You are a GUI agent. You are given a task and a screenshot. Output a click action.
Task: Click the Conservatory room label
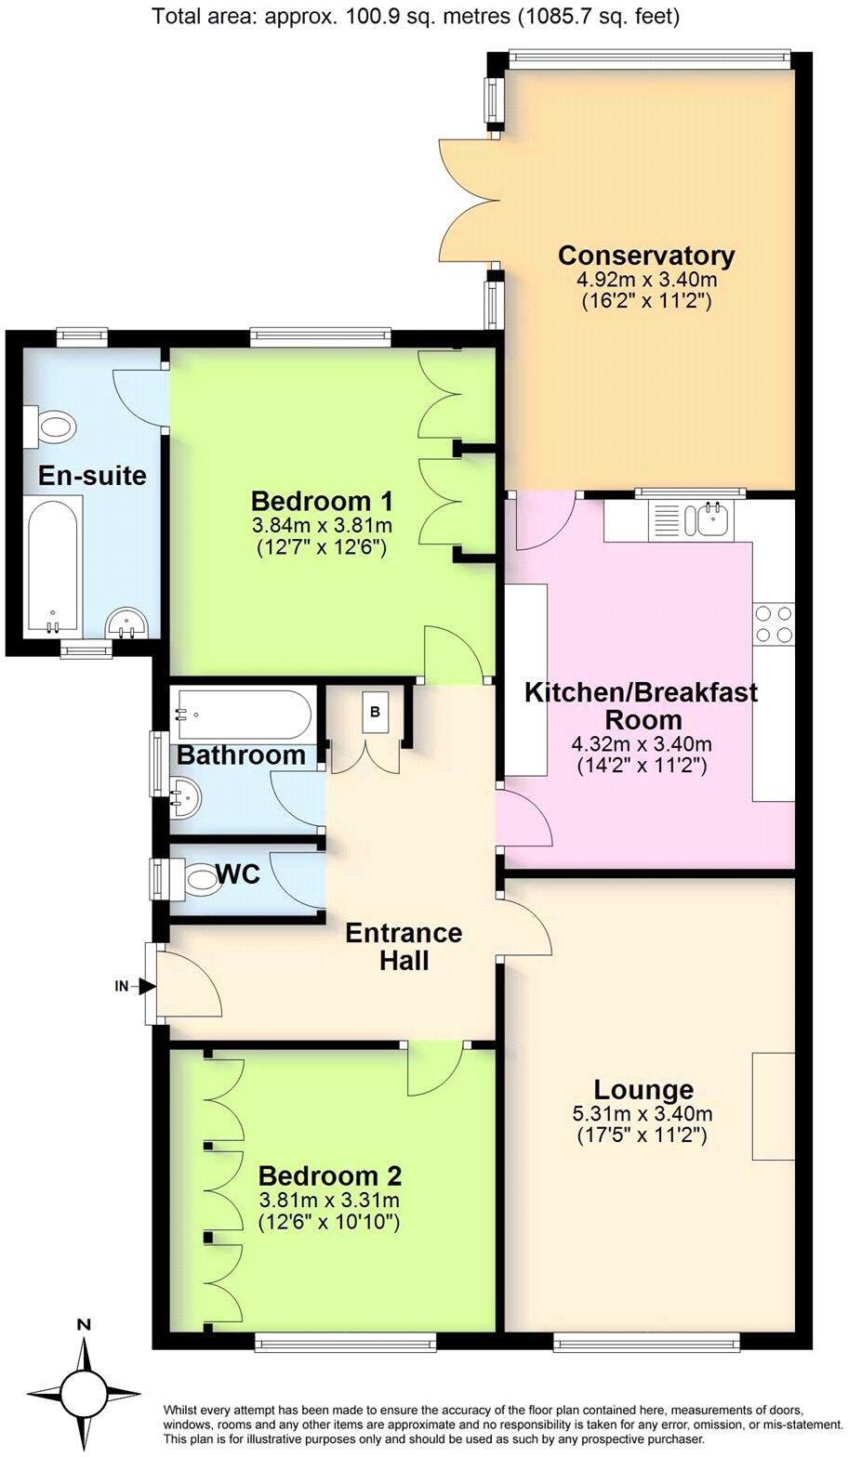tap(646, 255)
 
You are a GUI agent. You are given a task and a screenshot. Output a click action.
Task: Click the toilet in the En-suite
tap(52, 427)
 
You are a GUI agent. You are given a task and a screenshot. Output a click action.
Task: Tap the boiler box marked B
tap(375, 713)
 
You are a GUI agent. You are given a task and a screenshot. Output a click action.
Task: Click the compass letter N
tap(84, 1324)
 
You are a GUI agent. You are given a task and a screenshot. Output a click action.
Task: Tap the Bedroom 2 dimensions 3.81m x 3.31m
tap(329, 1200)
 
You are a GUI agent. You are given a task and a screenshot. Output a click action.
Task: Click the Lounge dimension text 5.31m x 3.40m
tap(644, 1113)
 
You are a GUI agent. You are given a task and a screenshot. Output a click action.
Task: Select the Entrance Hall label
tap(404, 946)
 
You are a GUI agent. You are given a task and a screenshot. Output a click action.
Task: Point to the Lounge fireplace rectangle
tap(773, 1106)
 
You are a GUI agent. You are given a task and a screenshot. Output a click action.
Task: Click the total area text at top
tap(415, 16)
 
